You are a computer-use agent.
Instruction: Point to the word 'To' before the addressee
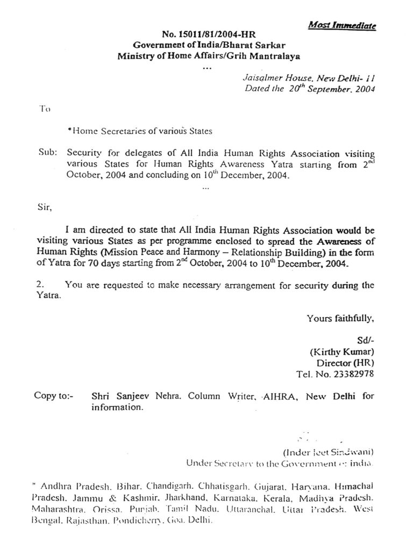click(45, 109)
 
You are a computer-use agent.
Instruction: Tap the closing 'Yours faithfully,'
click(340, 319)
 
